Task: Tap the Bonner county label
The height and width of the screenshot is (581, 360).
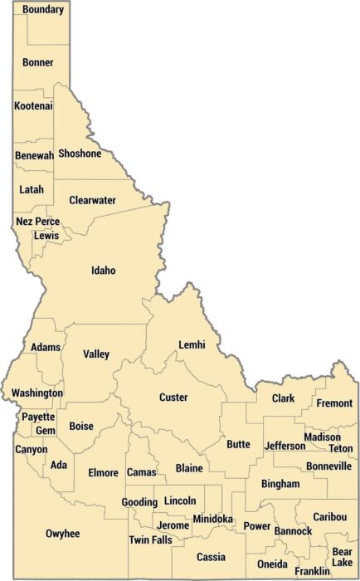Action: pos(38,62)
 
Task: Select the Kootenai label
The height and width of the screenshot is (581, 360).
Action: pos(34,106)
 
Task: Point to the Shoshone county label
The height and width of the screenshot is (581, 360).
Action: pos(80,154)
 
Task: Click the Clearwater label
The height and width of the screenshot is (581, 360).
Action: pos(92,200)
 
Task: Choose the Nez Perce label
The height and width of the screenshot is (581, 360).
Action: pos(38,222)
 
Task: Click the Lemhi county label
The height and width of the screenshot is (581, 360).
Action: pos(192,344)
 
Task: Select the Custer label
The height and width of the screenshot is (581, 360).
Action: pos(173,398)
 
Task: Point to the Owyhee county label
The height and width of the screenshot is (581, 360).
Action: pos(63,534)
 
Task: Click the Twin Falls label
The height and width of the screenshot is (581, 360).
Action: pos(150,539)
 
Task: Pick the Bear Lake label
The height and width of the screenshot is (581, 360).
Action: pos(342,557)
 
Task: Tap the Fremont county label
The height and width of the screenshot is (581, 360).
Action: pos(335,403)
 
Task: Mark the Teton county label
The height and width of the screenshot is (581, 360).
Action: pos(340,448)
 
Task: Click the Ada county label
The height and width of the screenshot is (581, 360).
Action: pos(59,465)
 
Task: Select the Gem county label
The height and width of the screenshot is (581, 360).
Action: pos(45,430)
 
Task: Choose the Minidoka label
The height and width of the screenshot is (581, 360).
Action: pos(212,519)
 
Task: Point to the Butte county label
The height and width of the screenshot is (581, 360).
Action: pos(238,444)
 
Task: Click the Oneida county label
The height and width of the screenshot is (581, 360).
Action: pos(272,564)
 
